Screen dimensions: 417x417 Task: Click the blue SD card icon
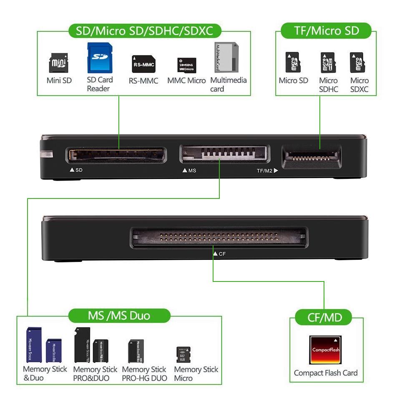click(100, 58)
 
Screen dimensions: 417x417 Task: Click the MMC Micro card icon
click(186, 65)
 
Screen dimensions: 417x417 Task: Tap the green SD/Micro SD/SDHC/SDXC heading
click(144, 31)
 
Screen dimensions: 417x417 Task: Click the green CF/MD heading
click(324, 318)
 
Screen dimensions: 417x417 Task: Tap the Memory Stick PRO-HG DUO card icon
click(136, 351)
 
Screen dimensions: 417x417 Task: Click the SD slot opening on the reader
click(116, 155)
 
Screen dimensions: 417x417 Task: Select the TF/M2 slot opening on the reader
click(311, 157)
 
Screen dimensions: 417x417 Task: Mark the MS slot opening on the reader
click(225, 154)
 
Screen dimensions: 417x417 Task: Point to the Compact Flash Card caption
click(326, 373)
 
